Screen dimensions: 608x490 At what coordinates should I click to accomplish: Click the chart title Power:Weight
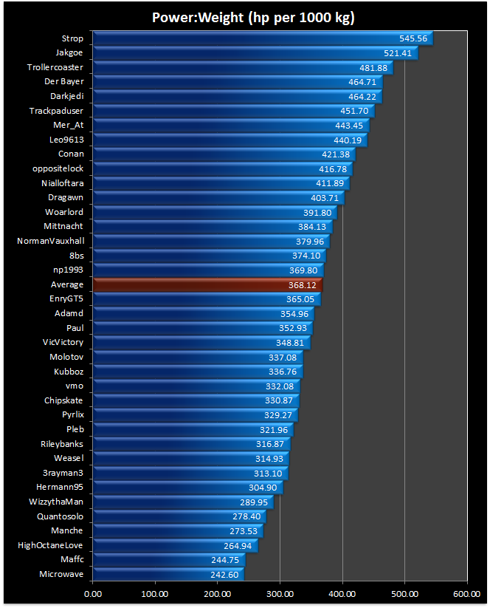point(245,17)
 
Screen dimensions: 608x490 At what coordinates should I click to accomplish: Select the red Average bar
point(207,284)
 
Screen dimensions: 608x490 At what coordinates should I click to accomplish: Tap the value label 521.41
point(398,53)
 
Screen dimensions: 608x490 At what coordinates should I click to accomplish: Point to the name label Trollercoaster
point(55,67)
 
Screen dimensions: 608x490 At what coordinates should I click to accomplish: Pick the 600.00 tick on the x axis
point(466,592)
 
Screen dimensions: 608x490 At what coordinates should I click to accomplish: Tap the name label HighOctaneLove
point(50,545)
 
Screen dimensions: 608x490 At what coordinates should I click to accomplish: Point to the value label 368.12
point(302,284)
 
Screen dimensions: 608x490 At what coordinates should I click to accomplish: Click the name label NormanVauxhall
point(50,241)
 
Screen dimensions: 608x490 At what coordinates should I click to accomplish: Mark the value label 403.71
point(324,198)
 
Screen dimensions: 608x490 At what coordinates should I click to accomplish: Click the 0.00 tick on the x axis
point(93,592)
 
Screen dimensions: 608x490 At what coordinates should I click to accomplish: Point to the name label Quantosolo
point(60,516)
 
